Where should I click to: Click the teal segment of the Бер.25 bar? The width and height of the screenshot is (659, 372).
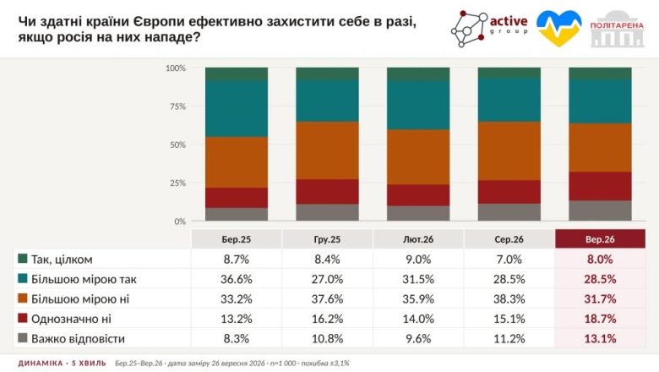pyautogui.click(x=237, y=108)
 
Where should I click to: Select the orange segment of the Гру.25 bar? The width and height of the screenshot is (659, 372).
pyautogui.click(x=328, y=150)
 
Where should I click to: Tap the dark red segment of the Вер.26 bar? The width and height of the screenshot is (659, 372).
pyautogui.click(x=600, y=186)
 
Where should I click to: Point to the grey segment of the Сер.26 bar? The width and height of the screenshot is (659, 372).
pyautogui.click(x=509, y=212)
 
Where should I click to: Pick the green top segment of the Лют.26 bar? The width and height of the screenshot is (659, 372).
pyautogui.click(x=418, y=74)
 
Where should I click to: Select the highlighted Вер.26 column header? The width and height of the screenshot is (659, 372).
pyautogui.click(x=600, y=239)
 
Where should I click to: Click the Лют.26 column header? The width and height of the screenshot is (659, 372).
pyautogui.click(x=418, y=239)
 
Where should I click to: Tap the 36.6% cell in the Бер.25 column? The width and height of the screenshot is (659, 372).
pyautogui.click(x=237, y=279)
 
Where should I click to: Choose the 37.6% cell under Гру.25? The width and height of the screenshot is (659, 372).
pyautogui.click(x=328, y=298)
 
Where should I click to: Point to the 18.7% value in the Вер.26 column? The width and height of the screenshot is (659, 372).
pyautogui.click(x=600, y=319)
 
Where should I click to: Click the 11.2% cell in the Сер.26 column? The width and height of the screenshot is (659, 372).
pyautogui.click(x=509, y=338)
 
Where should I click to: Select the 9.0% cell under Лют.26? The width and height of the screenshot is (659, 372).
pyautogui.click(x=418, y=260)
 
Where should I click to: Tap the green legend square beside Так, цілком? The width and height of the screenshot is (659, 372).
pyautogui.click(x=23, y=259)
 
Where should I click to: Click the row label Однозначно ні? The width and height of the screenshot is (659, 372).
pyautogui.click(x=71, y=319)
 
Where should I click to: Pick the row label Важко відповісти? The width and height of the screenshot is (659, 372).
pyautogui.click(x=78, y=339)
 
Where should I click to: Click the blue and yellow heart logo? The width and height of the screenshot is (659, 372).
pyautogui.click(x=559, y=28)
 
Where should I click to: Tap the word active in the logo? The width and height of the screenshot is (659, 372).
pyautogui.click(x=509, y=21)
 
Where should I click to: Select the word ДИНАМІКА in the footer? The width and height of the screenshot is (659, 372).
pyautogui.click(x=41, y=364)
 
